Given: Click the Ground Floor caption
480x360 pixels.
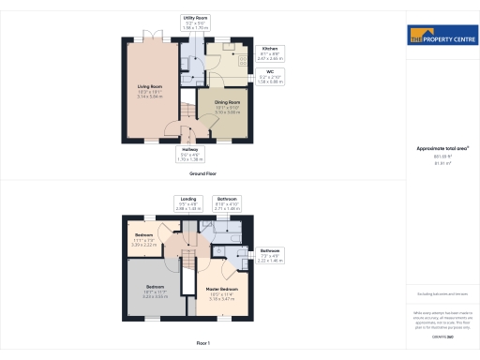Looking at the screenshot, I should click(x=203, y=174).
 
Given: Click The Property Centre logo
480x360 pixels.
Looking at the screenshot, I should click(x=442, y=38).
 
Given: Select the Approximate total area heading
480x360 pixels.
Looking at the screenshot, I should click(x=442, y=148).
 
